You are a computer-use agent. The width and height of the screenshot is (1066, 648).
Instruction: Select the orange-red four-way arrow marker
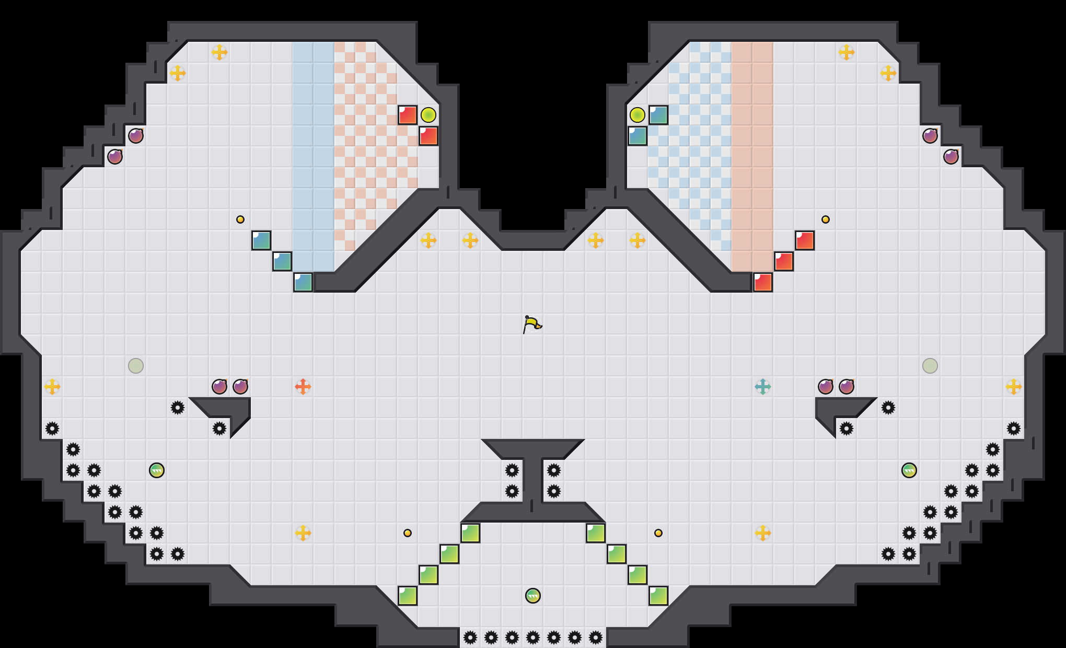tap(303, 387)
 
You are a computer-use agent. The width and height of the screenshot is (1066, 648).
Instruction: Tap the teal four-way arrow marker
tap(763, 387)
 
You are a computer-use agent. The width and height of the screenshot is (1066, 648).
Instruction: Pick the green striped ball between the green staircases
tap(532, 596)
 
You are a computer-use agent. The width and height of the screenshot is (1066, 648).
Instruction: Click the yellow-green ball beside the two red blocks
tap(428, 115)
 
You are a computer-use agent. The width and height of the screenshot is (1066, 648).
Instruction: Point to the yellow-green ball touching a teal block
tap(637, 115)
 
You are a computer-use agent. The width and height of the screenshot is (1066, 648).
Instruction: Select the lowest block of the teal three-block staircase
tap(303, 282)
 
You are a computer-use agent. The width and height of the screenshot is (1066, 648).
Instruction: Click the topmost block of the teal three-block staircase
tap(261, 240)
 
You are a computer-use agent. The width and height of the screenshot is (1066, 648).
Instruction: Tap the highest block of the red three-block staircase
tap(805, 240)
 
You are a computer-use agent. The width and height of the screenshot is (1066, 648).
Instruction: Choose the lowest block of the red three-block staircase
tap(763, 282)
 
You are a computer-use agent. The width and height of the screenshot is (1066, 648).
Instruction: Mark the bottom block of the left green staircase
tap(408, 596)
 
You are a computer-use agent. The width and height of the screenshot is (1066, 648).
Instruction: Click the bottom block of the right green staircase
tap(658, 596)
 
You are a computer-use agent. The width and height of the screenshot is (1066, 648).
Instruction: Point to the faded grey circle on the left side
tap(136, 366)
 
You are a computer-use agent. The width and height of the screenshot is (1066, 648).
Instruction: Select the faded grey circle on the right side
tap(930, 366)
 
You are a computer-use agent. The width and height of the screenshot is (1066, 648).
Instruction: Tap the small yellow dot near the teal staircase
tap(240, 219)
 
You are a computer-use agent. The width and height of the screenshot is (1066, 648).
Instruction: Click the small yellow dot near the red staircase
tap(826, 219)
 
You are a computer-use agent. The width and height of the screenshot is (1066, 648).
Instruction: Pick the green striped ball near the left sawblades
tap(157, 470)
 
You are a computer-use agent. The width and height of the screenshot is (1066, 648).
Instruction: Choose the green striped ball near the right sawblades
tap(909, 470)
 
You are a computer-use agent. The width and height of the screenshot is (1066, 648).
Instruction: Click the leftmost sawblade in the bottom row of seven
tap(470, 638)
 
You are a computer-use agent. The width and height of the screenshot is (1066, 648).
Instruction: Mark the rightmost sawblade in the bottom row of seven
tap(596, 638)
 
